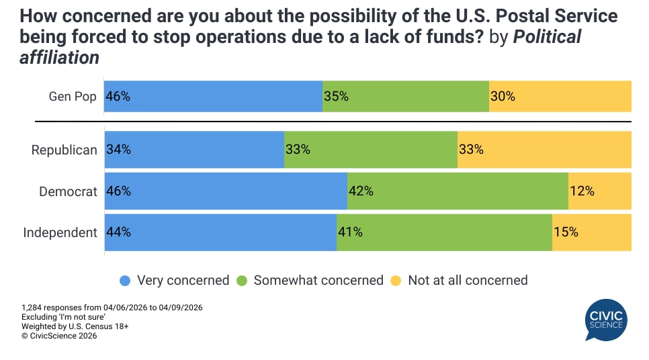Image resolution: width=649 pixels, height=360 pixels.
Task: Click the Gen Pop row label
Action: point(73,96)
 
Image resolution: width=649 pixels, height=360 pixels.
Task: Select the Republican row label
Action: point(64,150)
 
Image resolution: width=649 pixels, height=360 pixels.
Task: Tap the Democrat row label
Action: point(68,191)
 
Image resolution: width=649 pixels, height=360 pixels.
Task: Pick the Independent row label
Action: point(60,232)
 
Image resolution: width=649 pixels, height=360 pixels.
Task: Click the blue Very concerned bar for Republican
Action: point(195,150)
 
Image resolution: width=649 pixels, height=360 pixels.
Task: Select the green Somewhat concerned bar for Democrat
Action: point(458,191)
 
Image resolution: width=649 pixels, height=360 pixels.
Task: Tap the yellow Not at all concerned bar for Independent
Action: point(592,232)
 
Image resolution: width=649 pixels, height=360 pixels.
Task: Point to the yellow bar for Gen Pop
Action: point(560,96)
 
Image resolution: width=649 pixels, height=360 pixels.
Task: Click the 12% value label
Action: point(582,191)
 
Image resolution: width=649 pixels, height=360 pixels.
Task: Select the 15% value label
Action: point(566,232)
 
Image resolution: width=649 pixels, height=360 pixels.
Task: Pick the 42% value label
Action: point(361,191)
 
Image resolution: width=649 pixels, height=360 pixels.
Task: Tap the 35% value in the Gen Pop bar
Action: point(336,96)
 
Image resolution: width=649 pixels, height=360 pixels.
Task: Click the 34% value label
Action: point(118,150)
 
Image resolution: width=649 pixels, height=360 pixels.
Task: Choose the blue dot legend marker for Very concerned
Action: point(124,281)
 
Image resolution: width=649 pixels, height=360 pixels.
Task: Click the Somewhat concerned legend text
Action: point(318,280)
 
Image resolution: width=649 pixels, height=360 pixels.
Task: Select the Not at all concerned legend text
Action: point(468,280)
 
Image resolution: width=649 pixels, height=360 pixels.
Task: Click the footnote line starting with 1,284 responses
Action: point(112,308)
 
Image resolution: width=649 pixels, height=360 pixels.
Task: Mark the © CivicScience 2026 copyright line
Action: point(59,336)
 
